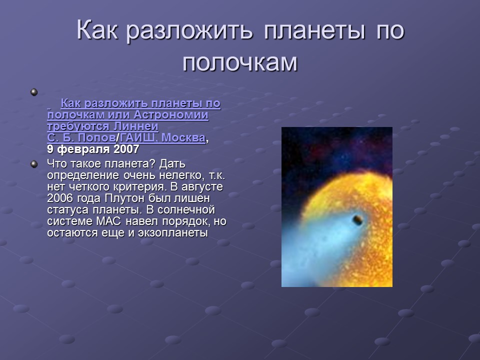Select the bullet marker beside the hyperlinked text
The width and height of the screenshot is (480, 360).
click(34, 92)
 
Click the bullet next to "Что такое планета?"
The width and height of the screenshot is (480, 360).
click(34, 164)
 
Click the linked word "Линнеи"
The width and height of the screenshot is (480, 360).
click(136, 126)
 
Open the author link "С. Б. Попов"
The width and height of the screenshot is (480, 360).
click(81, 137)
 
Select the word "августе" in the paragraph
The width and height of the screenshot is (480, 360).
click(202, 186)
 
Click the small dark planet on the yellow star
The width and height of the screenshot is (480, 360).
click(357, 219)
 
